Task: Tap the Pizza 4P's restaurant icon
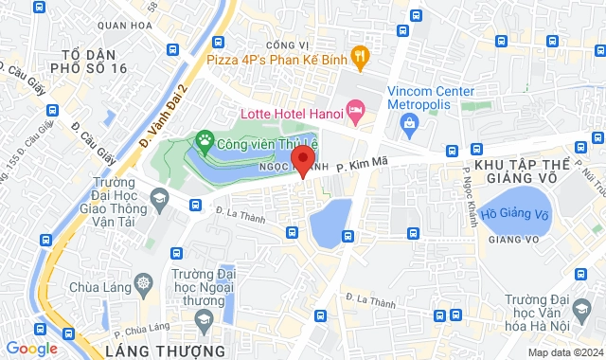359,57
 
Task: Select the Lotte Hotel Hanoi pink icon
355,113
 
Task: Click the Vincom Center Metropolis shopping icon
408,121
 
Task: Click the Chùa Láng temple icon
143,283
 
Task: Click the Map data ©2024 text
563,352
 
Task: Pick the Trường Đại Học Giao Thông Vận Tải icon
158,197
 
